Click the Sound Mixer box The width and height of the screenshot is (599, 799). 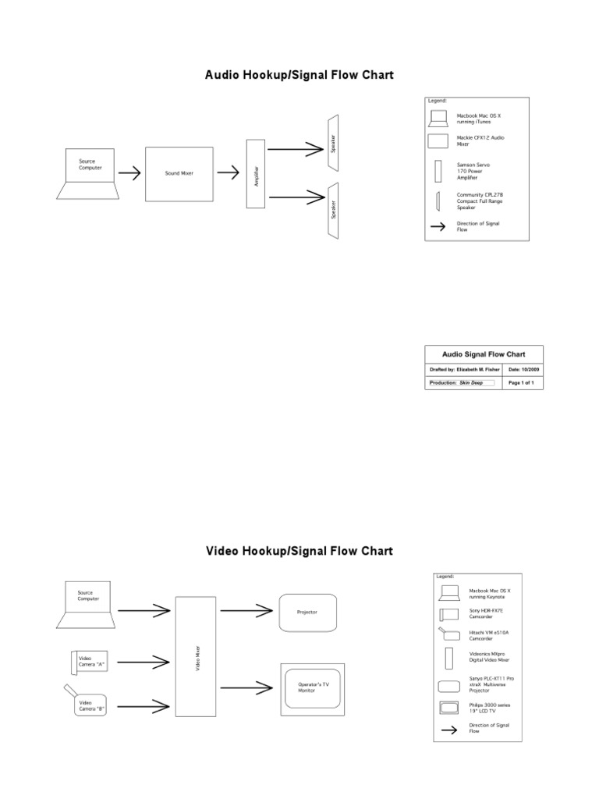point(179,173)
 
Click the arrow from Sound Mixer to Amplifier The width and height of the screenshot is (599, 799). point(228,173)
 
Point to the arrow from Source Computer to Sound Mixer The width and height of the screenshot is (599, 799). point(130,173)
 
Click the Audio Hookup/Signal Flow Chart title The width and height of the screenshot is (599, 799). point(299,76)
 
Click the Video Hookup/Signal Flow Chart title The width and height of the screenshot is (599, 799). point(299,551)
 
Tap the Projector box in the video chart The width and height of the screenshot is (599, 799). point(307,613)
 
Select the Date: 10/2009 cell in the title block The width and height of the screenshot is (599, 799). point(524,369)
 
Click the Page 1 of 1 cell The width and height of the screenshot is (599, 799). point(524,383)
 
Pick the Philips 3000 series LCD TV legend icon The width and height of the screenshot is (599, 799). point(449,709)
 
